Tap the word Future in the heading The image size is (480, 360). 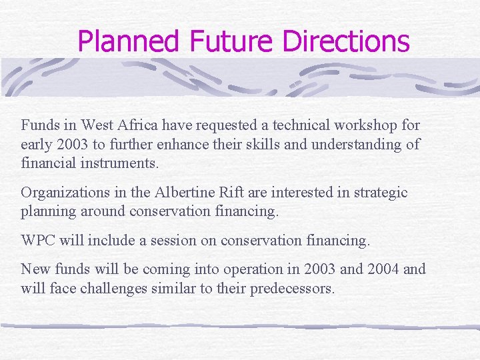point(232,41)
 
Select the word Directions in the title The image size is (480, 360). point(346,41)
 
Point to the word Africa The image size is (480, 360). point(132,125)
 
